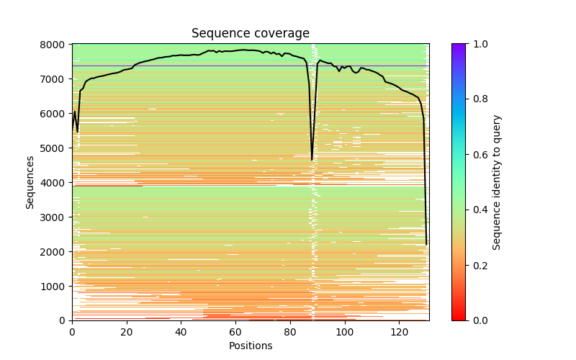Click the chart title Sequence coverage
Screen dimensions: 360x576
pos(250,34)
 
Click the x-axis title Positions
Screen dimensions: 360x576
pos(250,346)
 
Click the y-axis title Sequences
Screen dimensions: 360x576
pos(30,182)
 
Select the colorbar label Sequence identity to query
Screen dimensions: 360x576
pos(497,182)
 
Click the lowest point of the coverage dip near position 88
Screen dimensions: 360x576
pos(312,160)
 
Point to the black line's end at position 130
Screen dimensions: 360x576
pos(426,244)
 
